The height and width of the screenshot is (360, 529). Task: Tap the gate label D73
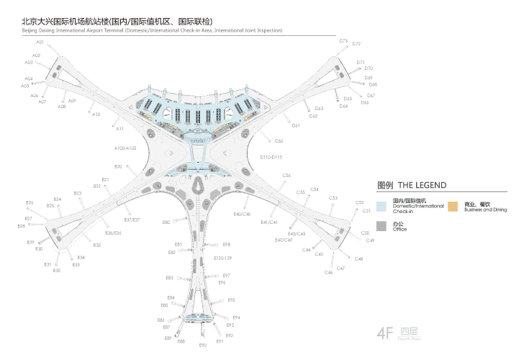tap(343, 41)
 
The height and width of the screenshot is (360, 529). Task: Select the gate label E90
tap(203, 346)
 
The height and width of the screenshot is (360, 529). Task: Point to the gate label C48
tap(358, 258)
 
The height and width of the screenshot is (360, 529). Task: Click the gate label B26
tap(30, 203)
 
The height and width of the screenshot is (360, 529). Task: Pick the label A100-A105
tap(125, 148)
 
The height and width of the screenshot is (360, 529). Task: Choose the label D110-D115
tap(271, 156)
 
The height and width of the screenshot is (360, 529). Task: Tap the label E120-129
tap(223, 258)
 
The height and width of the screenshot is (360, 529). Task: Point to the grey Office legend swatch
tap(383, 226)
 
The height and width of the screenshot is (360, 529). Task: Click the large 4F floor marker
tap(387, 333)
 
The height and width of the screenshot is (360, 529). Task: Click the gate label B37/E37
tap(132, 220)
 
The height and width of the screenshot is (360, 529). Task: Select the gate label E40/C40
tap(242, 215)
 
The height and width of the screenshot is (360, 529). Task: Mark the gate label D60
tap(279, 141)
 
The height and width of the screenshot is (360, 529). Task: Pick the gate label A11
tap(120, 129)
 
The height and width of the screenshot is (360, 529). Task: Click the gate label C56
tap(286, 176)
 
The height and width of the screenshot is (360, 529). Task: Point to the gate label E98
tap(226, 245)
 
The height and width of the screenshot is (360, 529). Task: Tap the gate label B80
tap(166, 222)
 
